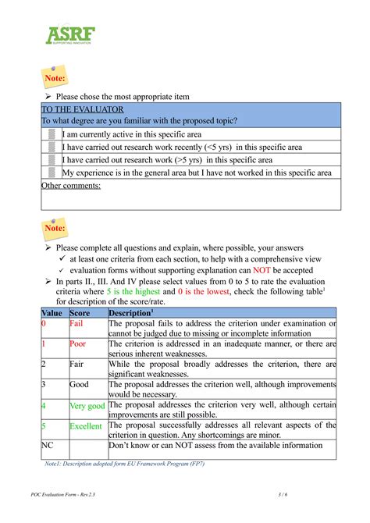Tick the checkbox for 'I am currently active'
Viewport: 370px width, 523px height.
(x=52, y=134)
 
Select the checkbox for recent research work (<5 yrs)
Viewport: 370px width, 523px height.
(x=52, y=147)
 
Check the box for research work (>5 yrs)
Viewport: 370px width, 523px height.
(x=52, y=159)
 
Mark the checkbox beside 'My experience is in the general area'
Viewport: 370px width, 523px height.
(x=52, y=173)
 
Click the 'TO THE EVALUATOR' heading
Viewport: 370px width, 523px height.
(x=76, y=109)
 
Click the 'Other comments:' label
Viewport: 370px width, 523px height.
(x=70, y=186)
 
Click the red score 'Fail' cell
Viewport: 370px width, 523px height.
(x=76, y=322)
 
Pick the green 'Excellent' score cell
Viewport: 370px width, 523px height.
(x=85, y=426)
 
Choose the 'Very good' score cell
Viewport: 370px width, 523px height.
(x=87, y=406)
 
